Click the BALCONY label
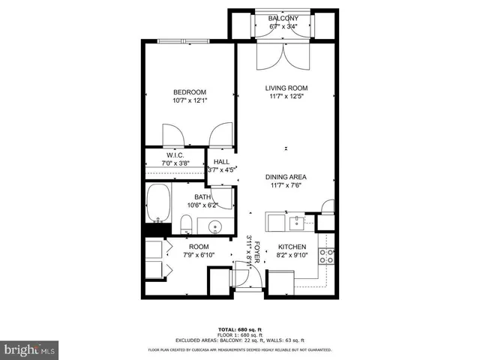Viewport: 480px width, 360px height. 283,19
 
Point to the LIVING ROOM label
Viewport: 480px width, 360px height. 286,88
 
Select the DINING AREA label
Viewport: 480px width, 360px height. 286,177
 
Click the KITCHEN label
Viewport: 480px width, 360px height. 292,247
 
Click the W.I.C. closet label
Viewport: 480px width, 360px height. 175,155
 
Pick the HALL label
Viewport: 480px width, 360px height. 222,162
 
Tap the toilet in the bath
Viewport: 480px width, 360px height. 186,223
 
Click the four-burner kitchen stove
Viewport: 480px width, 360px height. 327,256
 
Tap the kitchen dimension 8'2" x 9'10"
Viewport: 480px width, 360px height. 292,256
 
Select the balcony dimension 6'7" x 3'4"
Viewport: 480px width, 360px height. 283,27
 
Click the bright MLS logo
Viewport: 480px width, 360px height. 31,349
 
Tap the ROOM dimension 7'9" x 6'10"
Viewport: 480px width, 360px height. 198,256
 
